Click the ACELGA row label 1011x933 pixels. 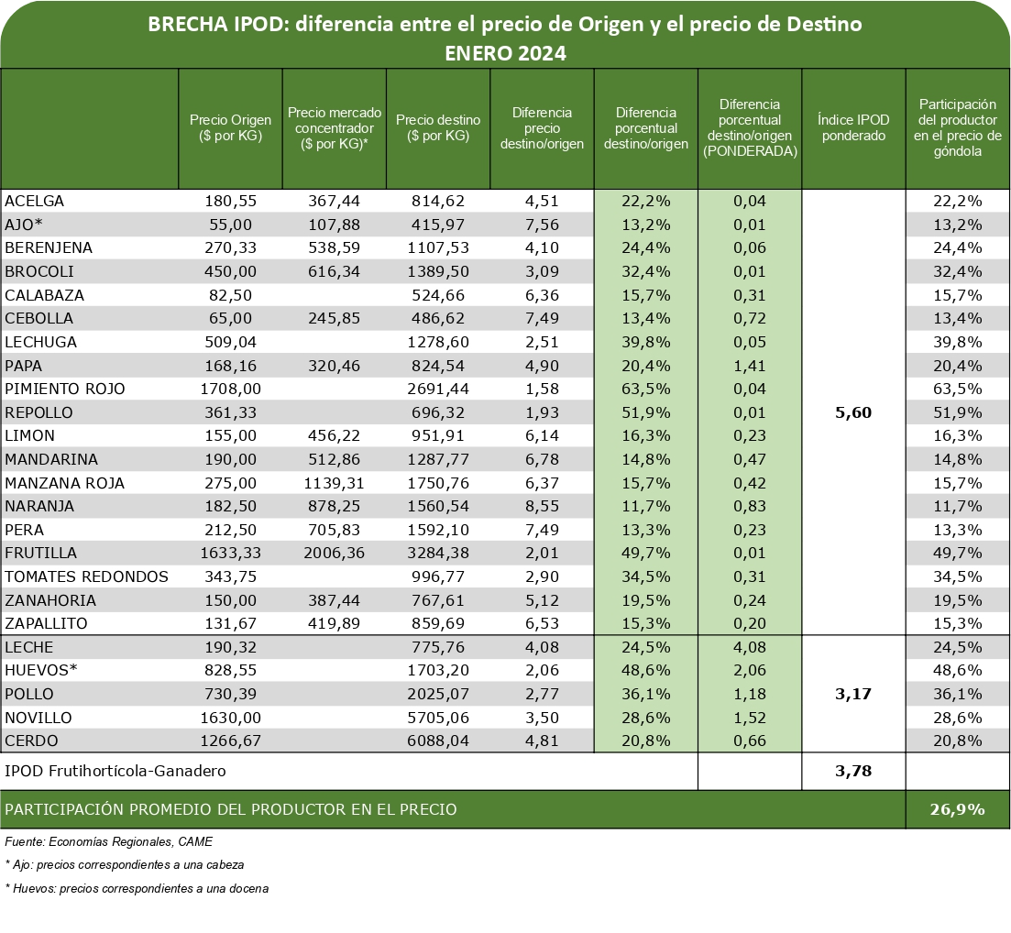35,201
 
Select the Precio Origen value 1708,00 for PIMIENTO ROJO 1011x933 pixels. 230,389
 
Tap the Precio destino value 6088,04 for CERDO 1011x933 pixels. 437,741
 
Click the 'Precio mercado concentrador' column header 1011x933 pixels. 334,128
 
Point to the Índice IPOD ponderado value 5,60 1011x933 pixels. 853,412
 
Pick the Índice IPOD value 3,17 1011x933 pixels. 853,694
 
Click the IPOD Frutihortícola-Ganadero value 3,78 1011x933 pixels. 853,772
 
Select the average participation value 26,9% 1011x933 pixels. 958,809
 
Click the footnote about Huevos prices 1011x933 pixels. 137,888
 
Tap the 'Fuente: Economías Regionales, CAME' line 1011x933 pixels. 108,840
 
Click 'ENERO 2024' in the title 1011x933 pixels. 505,53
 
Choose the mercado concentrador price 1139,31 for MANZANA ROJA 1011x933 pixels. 334,483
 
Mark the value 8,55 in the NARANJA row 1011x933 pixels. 542,506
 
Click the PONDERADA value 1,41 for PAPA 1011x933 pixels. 749,366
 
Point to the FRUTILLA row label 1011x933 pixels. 41,554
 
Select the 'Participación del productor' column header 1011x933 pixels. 958,128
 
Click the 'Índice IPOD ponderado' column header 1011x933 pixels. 853,128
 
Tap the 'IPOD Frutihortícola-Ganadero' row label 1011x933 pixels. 115,772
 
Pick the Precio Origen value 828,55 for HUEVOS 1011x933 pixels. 230,670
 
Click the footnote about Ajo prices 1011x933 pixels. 124,864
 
